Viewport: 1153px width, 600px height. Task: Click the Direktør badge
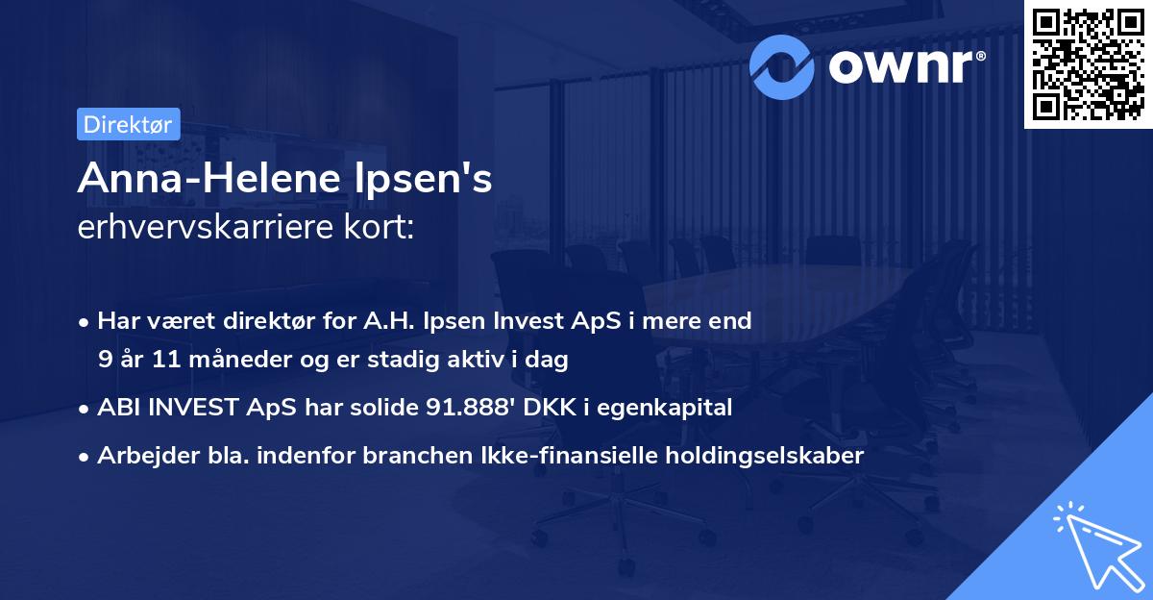(127, 124)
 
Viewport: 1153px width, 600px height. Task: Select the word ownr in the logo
(902, 65)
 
